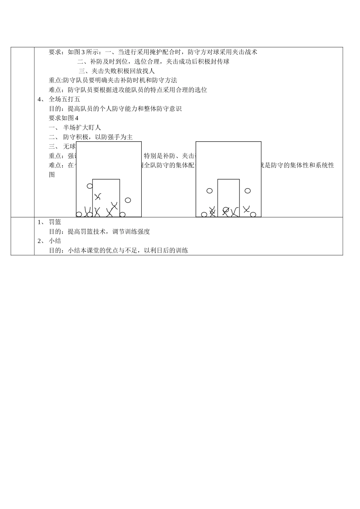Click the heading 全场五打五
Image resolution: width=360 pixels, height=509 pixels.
(64, 99)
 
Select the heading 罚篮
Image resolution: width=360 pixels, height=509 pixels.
(55, 222)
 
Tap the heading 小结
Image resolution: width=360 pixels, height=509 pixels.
(55, 241)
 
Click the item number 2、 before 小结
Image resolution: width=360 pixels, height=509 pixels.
(41, 241)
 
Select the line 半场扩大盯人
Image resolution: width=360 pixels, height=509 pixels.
(82, 128)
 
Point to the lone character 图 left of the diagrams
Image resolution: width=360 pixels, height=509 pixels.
(52, 175)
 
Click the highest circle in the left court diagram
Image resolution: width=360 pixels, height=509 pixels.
(90, 186)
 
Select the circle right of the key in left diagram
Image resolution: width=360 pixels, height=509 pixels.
(128, 200)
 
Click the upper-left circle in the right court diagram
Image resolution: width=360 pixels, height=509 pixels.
(210, 191)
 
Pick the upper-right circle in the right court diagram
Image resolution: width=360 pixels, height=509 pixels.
(248, 191)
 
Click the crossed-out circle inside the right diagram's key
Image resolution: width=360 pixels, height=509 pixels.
(226, 210)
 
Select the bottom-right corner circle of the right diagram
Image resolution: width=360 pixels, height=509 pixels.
(253, 214)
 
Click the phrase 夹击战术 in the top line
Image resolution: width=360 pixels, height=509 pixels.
(245, 52)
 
